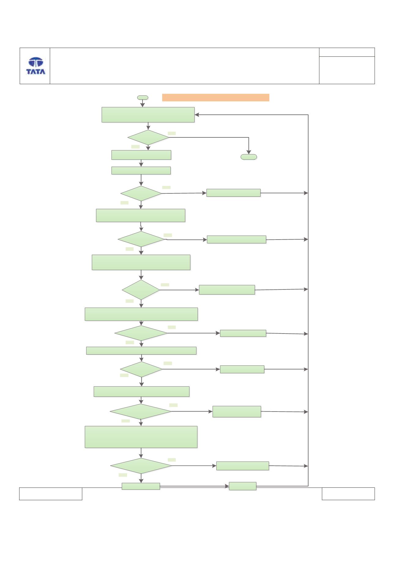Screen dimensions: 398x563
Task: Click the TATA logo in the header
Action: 36,66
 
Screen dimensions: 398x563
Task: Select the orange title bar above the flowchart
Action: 215,97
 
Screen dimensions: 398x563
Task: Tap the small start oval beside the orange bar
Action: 143,98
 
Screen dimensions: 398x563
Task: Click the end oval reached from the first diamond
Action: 249,157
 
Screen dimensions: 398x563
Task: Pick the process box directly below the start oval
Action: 148,115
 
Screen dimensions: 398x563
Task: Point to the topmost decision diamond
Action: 148,137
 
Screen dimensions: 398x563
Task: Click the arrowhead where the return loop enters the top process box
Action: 197,115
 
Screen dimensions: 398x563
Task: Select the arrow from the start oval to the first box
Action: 143,103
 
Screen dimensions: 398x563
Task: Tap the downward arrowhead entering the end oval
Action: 249,152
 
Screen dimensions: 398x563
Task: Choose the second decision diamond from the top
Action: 141,193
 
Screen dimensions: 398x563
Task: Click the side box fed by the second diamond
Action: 233,193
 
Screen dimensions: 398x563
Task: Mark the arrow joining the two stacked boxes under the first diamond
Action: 141,163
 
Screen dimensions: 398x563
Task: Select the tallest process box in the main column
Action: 141,437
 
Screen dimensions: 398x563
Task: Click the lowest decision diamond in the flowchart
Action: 141,466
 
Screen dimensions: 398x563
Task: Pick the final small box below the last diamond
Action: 141,486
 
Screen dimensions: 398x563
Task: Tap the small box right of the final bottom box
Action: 243,486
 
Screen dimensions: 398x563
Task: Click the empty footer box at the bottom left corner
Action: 51,494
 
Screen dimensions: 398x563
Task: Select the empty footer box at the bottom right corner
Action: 348,494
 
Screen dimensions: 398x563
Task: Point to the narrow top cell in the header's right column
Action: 347,52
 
